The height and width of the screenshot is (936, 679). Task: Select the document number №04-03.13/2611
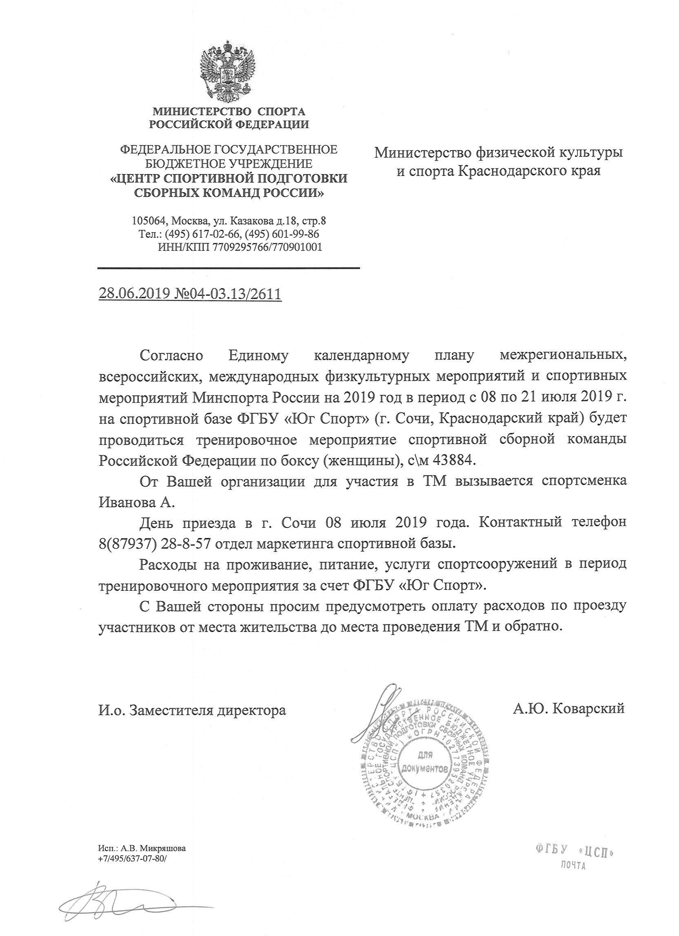[x=226, y=294]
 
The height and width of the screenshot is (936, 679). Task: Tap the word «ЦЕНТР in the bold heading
[x=136, y=179]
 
